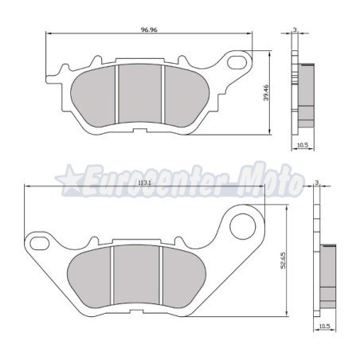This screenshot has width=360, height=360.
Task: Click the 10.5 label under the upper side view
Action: click(302, 145)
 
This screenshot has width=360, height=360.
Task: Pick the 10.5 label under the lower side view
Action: click(323, 326)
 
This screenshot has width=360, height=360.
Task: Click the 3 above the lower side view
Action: click(317, 182)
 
